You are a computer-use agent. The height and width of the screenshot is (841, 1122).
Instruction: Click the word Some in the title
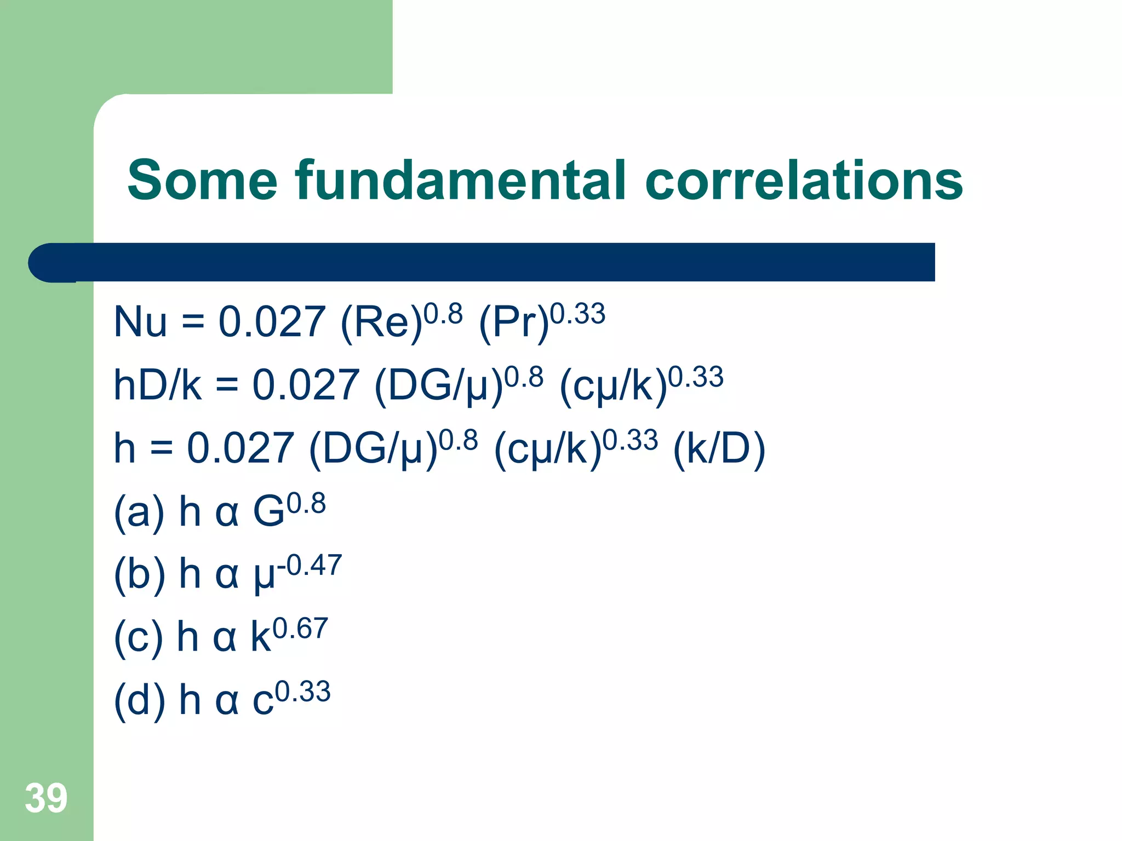click(x=203, y=181)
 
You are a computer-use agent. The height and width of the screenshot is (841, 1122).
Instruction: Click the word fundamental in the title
click(x=460, y=181)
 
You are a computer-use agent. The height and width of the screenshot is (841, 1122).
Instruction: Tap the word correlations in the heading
click(x=804, y=181)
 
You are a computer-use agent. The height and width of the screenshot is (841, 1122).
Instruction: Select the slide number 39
click(x=46, y=798)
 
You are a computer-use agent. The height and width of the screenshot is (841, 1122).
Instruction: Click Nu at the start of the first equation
click(x=140, y=322)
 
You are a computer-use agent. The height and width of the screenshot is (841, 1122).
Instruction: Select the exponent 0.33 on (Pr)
click(x=577, y=314)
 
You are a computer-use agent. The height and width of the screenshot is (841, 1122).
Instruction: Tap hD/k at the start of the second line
click(x=157, y=385)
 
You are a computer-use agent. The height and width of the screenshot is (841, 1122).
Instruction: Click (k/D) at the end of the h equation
click(x=719, y=449)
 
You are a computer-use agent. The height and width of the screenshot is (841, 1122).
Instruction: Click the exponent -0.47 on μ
click(x=310, y=565)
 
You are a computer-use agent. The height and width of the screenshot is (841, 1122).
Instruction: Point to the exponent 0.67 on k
click(x=300, y=628)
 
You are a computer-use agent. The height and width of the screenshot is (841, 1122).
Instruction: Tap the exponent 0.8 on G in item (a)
click(x=306, y=503)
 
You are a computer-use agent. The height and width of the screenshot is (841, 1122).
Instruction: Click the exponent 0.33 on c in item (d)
click(x=303, y=692)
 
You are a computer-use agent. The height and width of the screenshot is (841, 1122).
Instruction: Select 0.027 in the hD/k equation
click(x=305, y=385)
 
